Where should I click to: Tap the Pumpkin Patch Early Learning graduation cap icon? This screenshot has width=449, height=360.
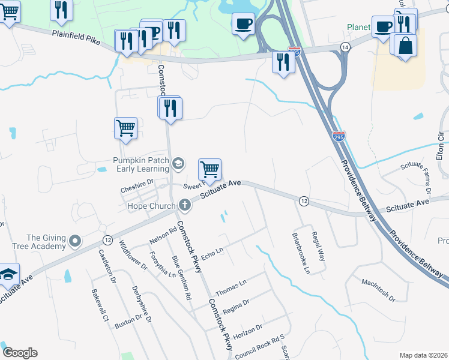pyautogui.click(x=178, y=163)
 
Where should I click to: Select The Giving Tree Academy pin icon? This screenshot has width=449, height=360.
pyautogui.click(x=74, y=241)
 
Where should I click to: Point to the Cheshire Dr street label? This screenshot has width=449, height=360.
pyautogui.click(x=137, y=188)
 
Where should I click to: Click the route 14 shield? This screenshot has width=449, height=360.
pyautogui.click(x=345, y=47)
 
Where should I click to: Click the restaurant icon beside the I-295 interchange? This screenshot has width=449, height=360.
pyautogui.click(x=282, y=61)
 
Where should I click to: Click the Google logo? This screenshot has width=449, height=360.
pyautogui.click(x=20, y=353)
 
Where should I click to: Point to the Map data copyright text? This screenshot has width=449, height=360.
pyautogui.click(x=423, y=355)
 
